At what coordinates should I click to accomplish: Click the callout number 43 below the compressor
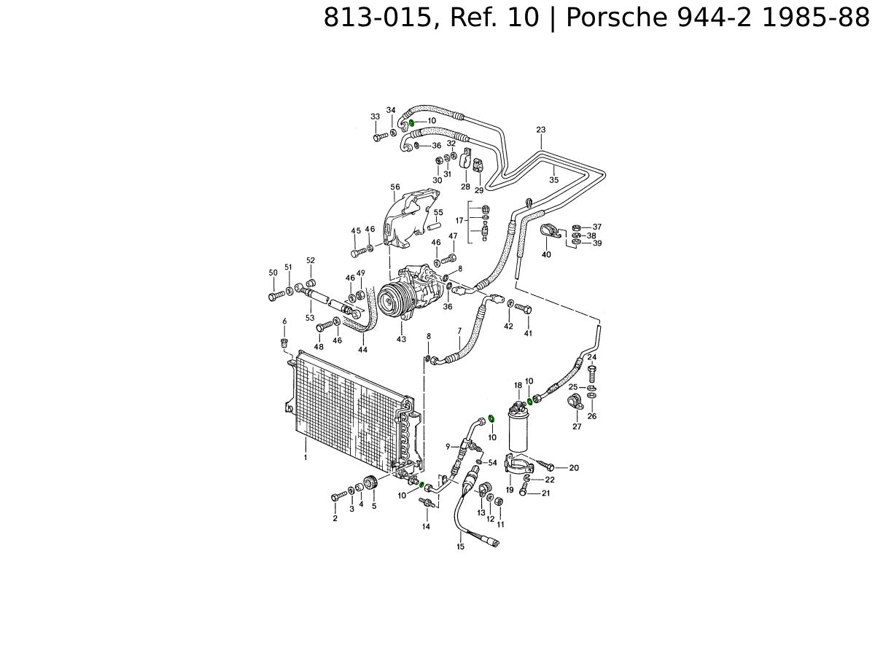click(x=401, y=339)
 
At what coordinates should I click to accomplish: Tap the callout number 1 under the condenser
click(x=306, y=457)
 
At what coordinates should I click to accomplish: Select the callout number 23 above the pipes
click(x=540, y=130)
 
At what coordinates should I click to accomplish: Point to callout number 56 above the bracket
click(x=395, y=187)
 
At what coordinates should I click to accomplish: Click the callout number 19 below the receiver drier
click(x=510, y=490)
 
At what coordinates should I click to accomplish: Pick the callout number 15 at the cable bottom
click(x=460, y=546)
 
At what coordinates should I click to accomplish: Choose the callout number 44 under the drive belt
click(x=362, y=350)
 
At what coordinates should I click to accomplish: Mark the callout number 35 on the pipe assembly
click(x=553, y=179)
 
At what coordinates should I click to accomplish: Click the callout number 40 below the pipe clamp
click(x=546, y=255)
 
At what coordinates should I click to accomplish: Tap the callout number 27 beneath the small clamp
click(x=577, y=426)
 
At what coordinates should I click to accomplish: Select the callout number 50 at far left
click(x=273, y=273)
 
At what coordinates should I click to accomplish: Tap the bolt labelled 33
click(x=378, y=137)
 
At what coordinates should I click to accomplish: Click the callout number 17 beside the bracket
click(x=460, y=220)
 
